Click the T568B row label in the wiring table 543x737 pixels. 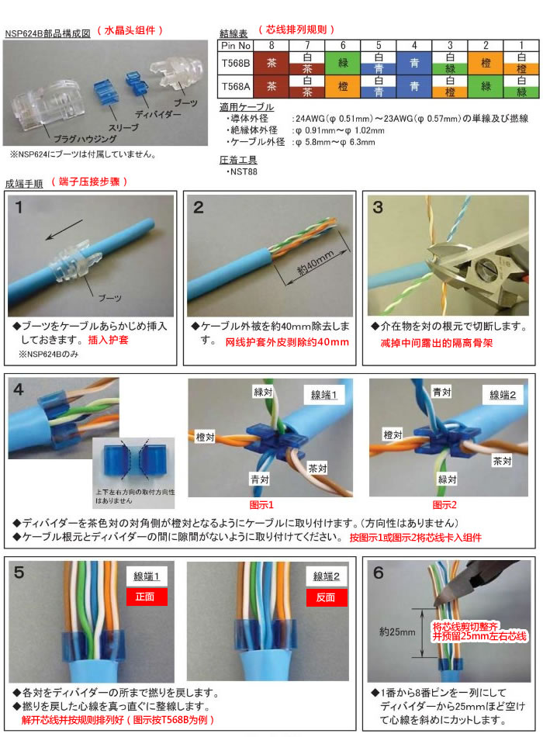[236, 63]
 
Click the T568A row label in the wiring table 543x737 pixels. [236, 86]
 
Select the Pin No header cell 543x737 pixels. [236, 46]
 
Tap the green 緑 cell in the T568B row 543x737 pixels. [343, 63]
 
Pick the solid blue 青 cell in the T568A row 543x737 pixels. [414, 86]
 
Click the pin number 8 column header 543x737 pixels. [271, 46]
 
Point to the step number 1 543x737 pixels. [19, 207]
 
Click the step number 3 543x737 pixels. [378, 207]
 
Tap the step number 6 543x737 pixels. [379, 573]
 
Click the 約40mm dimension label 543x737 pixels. [316, 263]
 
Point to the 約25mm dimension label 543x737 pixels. [397, 632]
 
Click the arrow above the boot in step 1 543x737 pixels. [64, 230]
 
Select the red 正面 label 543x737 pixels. [145, 597]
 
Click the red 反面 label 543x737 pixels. [326, 597]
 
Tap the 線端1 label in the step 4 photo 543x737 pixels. [324, 395]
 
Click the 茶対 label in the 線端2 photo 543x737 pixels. [502, 461]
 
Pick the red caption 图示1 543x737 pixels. [261, 505]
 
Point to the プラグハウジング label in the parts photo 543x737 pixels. [85, 139]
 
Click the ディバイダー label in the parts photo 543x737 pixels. [158, 115]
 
